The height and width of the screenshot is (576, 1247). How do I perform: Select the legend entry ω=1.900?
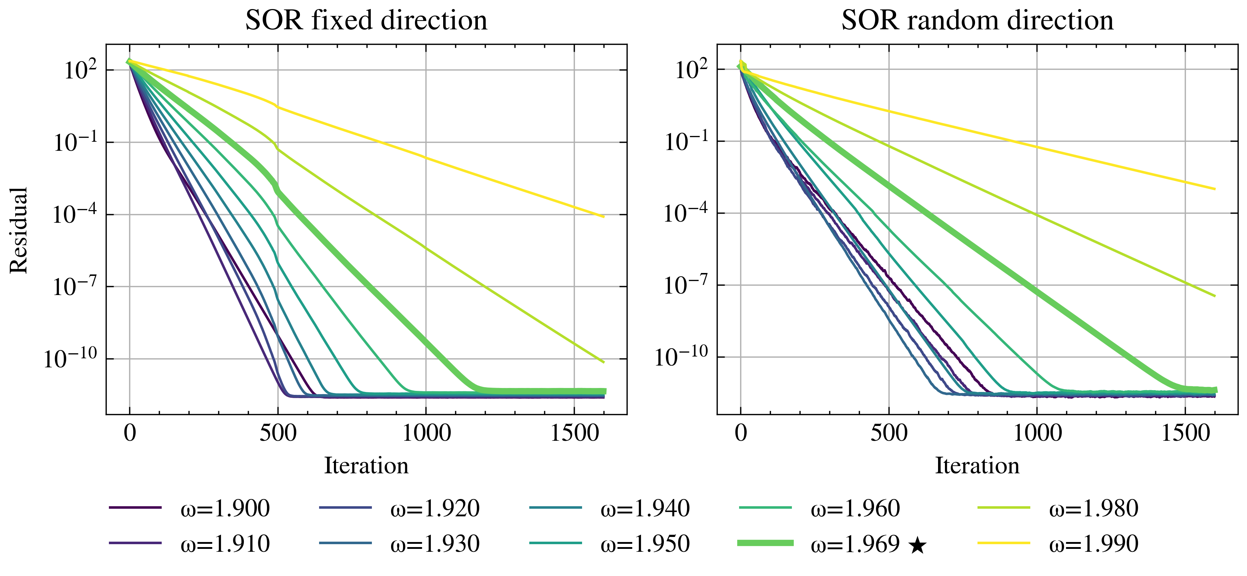[225, 508]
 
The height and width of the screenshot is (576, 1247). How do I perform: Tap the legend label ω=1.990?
[1094, 544]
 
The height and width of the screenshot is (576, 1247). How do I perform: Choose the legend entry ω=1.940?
[645, 508]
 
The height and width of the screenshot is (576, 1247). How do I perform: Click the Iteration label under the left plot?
[366, 466]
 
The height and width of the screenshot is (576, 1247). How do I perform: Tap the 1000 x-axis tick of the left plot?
[426, 432]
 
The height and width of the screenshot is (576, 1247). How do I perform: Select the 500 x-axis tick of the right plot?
[889, 432]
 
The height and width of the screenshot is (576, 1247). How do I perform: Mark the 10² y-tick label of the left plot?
[80, 70]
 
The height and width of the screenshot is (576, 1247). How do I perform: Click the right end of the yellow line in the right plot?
[1214, 189]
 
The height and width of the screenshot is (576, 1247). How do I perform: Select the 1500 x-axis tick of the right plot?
[1185, 432]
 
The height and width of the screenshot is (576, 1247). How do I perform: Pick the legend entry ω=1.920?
[435, 508]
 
